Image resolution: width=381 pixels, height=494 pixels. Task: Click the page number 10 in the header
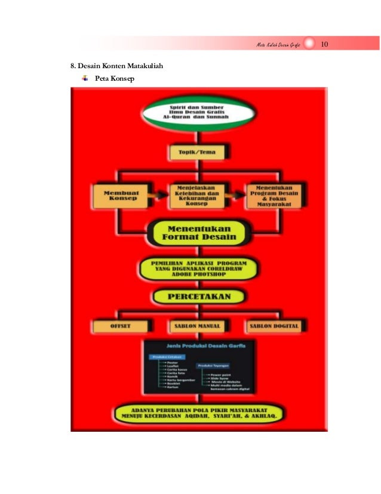pyautogui.click(x=326, y=45)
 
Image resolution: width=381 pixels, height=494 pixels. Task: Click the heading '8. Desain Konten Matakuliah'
pyautogui.click(x=113, y=66)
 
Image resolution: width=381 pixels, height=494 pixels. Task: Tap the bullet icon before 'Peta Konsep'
pyautogui.click(x=85, y=78)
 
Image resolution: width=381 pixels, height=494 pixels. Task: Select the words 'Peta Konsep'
pyautogui.click(x=115, y=79)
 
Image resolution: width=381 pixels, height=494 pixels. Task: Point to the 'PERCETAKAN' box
pyautogui.click(x=199, y=297)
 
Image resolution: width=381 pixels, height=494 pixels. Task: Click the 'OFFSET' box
pyautogui.click(x=119, y=326)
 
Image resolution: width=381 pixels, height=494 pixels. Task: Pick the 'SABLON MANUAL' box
pyautogui.click(x=197, y=326)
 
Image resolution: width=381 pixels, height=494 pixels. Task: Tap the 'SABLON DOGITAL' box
pyautogui.click(x=274, y=326)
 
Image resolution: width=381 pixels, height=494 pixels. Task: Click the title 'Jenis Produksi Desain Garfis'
pyautogui.click(x=199, y=346)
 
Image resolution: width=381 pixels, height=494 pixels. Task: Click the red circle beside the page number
pyautogui.click(x=309, y=45)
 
